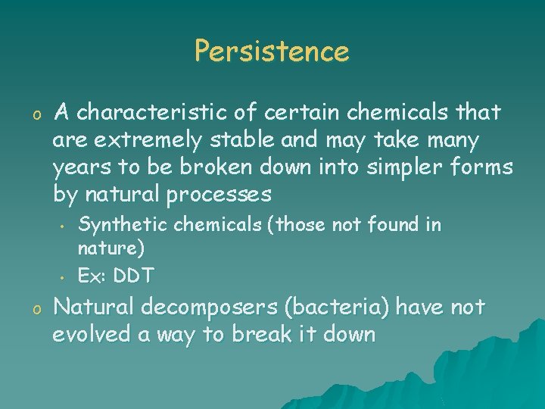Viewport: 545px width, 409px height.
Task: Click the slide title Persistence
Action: click(x=272, y=52)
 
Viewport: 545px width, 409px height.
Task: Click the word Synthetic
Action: click(x=124, y=225)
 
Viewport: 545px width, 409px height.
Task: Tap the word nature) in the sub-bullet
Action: click(x=111, y=248)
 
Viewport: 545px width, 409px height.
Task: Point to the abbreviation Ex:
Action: click(x=92, y=276)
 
